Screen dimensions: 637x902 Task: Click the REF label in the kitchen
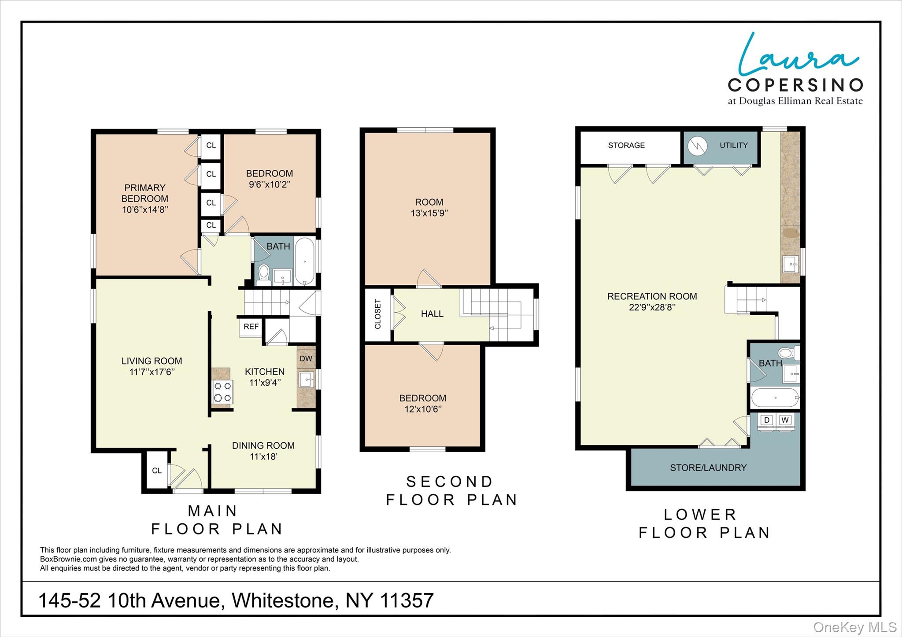tap(251, 327)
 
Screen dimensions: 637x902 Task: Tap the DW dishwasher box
tap(306, 358)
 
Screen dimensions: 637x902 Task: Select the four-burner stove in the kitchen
tap(222, 392)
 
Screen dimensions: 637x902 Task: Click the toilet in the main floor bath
tap(264, 273)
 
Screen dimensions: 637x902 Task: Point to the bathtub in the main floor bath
tap(304, 261)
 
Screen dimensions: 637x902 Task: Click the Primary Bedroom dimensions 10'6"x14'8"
tap(145, 210)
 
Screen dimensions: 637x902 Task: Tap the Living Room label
tap(152, 361)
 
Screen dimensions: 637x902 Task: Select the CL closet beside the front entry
tap(157, 471)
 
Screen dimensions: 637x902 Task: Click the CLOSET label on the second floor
tap(378, 314)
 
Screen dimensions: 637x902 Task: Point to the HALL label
tap(432, 314)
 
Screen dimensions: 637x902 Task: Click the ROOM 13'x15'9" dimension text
tap(429, 214)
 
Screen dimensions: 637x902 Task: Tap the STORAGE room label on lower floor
tap(626, 145)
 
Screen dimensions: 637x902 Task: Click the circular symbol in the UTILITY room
tap(698, 146)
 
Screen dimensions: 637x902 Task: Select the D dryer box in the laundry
tap(767, 420)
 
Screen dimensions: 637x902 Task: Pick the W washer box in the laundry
tap(785, 420)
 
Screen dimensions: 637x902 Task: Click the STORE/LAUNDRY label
tap(708, 468)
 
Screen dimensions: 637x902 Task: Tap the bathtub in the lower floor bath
tap(775, 398)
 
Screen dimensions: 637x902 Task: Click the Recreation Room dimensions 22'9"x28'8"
tap(652, 308)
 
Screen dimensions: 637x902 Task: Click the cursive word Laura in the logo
tap(797, 55)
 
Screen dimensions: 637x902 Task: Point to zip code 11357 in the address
tap(407, 600)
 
